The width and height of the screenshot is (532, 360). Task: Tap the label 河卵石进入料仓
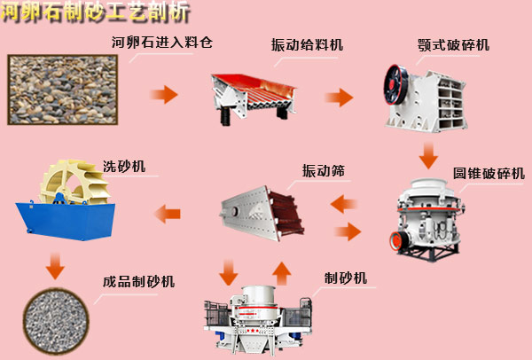tap(162, 42)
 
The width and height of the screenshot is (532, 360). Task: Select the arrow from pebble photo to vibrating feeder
tap(163, 93)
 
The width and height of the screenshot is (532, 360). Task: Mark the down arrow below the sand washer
tap(56, 263)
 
